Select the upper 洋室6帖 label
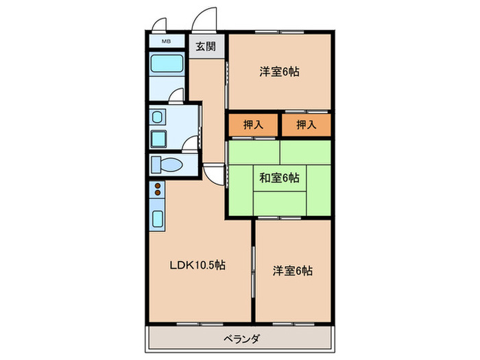click(279, 71)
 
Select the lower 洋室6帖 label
click(293, 271)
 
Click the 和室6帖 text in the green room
click(278, 178)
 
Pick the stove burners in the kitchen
click(157, 190)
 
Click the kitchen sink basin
click(157, 220)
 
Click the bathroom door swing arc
click(177, 95)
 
